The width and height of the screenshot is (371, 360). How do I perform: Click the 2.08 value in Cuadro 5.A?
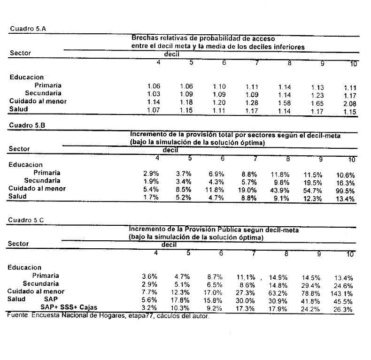coord(350,102)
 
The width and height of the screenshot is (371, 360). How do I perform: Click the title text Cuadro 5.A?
coord(28,29)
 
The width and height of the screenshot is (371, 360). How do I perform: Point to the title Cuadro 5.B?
coord(28,125)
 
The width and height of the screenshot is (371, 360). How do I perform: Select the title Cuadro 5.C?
coord(28,220)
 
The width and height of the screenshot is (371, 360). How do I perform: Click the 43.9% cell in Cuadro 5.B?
coord(280,190)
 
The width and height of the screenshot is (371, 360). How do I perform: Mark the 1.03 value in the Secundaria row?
coord(154,94)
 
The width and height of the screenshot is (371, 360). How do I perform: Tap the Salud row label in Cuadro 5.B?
coord(18,197)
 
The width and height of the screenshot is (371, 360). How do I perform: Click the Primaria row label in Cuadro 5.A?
coord(47,86)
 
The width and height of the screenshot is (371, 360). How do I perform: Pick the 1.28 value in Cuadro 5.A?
coord(252,102)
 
